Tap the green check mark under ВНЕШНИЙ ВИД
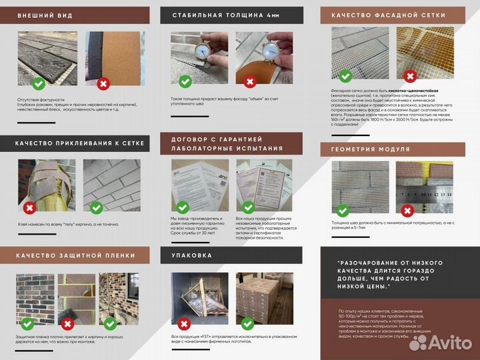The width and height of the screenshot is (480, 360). [39, 83]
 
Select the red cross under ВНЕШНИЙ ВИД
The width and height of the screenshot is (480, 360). [103, 83]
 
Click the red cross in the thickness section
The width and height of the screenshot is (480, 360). [250, 82]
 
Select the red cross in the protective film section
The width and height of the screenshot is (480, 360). [67, 324]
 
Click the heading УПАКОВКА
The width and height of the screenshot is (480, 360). [193, 255]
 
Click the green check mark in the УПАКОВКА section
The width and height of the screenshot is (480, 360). [248, 323]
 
